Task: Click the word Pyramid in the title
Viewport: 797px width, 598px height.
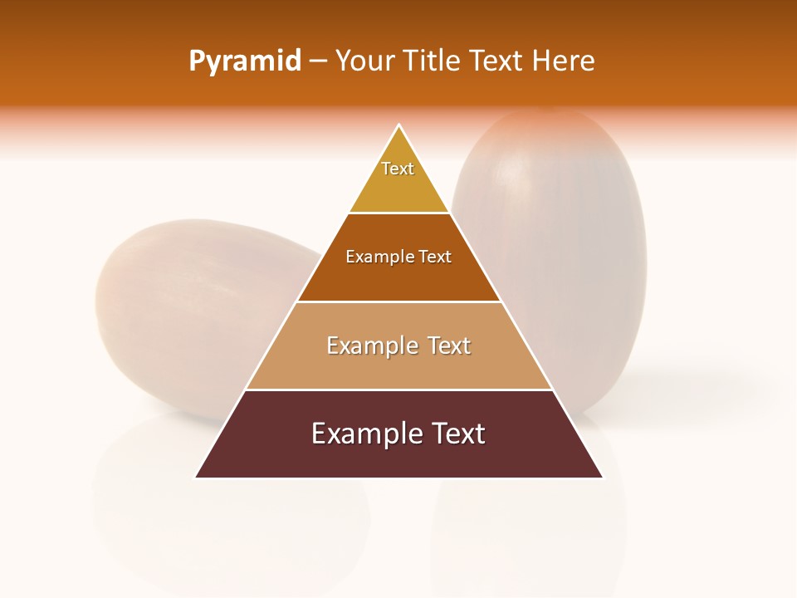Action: tap(244, 61)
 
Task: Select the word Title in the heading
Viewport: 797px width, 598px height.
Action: tap(437, 61)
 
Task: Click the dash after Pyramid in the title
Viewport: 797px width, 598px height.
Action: tap(318, 62)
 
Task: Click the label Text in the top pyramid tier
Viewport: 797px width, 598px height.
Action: tap(398, 169)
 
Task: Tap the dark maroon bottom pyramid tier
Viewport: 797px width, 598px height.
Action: tap(398, 457)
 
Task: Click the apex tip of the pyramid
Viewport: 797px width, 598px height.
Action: tap(399, 126)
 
